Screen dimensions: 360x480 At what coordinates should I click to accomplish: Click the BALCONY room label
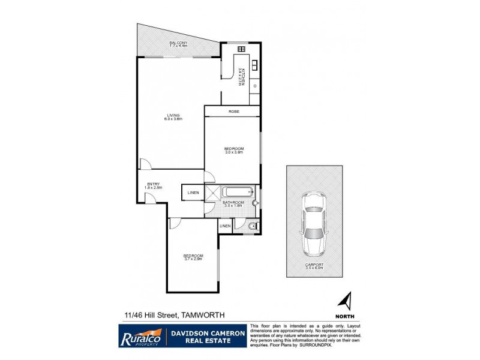click(x=178, y=43)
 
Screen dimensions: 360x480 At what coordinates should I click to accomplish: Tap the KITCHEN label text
click(x=240, y=76)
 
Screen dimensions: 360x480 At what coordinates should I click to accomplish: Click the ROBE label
click(x=233, y=112)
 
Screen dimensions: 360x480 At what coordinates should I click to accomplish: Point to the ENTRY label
click(x=154, y=184)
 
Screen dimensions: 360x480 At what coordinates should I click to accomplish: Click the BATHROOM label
click(x=233, y=203)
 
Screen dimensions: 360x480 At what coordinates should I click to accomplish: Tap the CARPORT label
click(x=314, y=265)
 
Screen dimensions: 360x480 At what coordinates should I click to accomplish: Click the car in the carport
click(x=314, y=223)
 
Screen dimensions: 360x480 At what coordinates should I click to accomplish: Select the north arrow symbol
click(x=346, y=301)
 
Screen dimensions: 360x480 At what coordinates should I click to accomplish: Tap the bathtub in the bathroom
click(x=238, y=193)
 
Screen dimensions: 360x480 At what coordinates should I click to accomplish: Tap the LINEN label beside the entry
click(x=193, y=193)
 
